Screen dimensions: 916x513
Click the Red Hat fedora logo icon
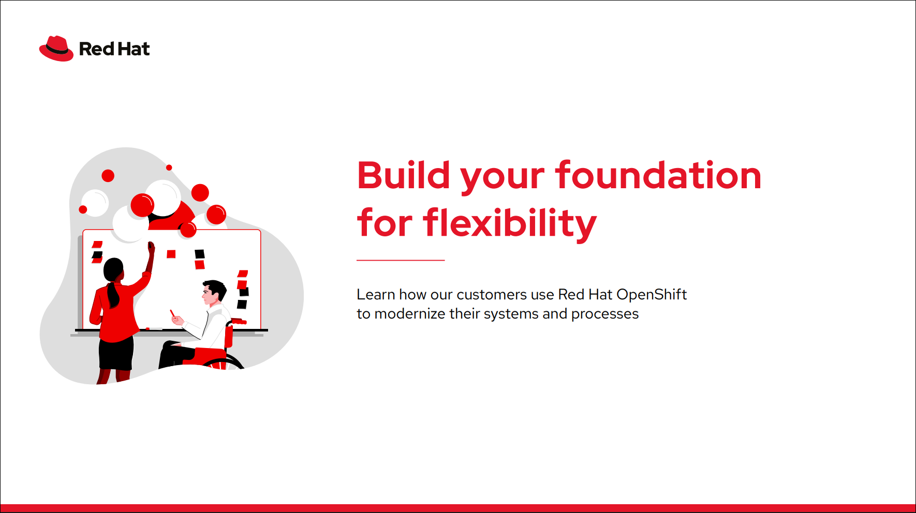[56, 49]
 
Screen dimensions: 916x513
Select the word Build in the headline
[404, 175]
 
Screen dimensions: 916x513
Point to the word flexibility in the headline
[510, 223]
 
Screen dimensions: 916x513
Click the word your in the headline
[503, 179]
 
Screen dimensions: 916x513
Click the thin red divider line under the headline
[401, 260]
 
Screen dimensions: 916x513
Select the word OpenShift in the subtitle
[652, 295]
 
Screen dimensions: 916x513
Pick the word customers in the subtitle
[492, 295]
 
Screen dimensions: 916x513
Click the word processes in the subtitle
[605, 314]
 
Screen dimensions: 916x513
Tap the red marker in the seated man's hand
[172, 313]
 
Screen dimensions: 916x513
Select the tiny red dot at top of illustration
[169, 168]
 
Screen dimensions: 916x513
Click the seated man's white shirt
[212, 326]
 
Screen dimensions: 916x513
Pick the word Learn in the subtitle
[376, 295]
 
